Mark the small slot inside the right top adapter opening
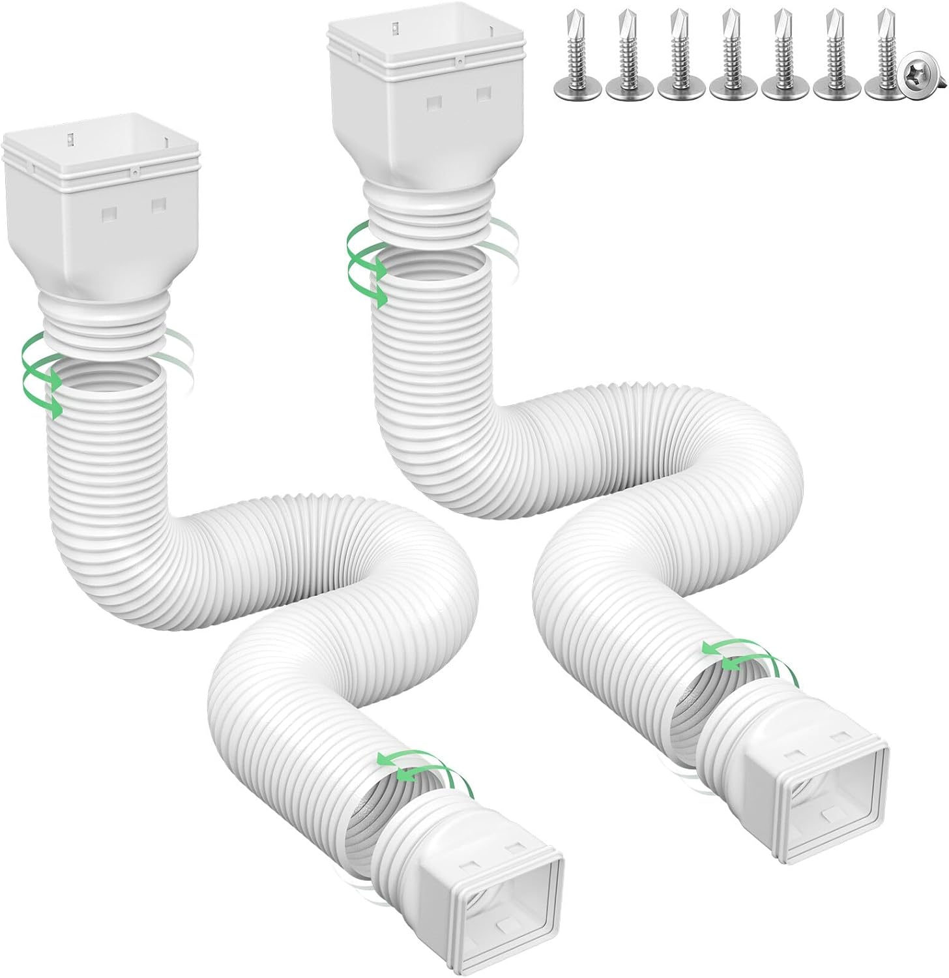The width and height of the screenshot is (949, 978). coord(396,28)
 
